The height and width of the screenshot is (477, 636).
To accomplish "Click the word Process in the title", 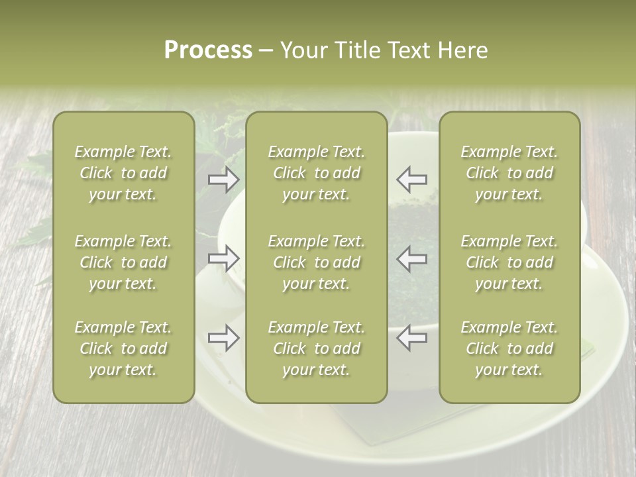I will point(208,50).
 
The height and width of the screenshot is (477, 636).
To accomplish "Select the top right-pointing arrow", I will point(223,179).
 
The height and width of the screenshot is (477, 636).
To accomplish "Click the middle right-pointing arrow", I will point(223,258).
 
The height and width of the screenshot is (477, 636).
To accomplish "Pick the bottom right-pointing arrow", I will point(223,338).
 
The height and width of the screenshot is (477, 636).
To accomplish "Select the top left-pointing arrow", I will point(411,179).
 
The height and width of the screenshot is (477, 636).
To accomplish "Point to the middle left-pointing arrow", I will point(411,258).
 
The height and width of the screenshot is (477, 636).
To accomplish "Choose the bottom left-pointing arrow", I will point(411,338).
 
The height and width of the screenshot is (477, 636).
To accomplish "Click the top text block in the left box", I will point(123,173).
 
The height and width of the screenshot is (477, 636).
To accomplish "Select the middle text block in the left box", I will point(123,262).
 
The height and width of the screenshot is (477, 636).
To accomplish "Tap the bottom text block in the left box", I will point(123,348).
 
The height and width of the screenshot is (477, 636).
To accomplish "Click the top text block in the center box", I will point(317,173).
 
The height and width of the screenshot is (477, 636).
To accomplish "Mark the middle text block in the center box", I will point(317,262).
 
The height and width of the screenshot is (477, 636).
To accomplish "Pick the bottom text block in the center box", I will point(317,348).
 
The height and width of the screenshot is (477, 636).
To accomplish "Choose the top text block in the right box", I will point(509,173).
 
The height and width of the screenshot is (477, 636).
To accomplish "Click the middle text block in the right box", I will point(509,262).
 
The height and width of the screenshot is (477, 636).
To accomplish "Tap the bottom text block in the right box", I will point(509,348).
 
